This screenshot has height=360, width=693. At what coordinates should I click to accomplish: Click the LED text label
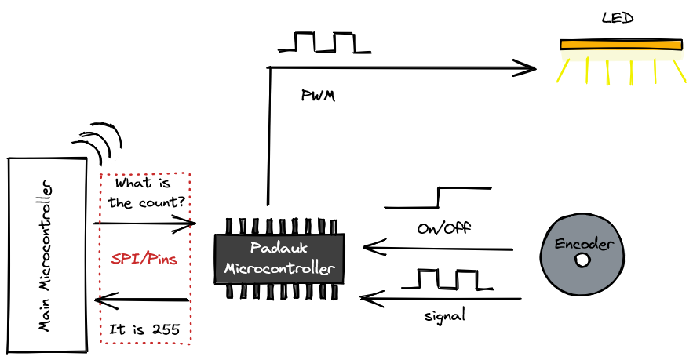click(x=617, y=17)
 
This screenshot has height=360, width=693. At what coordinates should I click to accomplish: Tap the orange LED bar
click(x=621, y=45)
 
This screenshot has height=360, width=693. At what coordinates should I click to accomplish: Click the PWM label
click(x=318, y=96)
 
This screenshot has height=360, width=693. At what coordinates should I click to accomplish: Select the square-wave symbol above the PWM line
click(x=324, y=42)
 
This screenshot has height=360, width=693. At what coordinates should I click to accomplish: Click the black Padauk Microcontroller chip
click(x=279, y=258)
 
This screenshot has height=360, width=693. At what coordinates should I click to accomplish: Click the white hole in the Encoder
click(x=582, y=260)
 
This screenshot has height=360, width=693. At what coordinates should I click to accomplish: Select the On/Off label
click(x=443, y=229)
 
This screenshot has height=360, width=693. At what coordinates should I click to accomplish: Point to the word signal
click(x=444, y=315)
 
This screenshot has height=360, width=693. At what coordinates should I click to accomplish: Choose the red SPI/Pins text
click(x=144, y=258)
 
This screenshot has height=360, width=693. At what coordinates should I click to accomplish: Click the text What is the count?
click(x=147, y=193)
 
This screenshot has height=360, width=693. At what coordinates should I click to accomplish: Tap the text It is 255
click(x=145, y=330)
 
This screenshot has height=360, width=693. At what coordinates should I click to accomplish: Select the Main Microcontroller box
click(x=47, y=255)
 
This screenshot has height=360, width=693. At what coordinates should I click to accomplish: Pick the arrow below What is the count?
click(x=145, y=224)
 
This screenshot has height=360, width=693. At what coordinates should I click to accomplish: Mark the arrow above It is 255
click(x=141, y=300)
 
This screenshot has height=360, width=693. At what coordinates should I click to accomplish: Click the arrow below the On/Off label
click(x=438, y=249)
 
